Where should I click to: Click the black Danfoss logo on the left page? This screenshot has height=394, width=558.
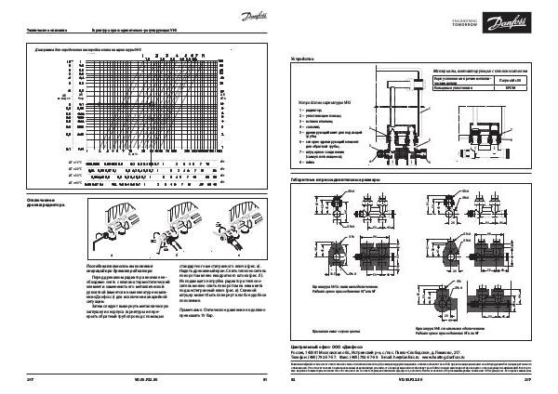pyautogui.click(x=247, y=16)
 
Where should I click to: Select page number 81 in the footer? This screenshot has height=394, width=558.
pyautogui.click(x=265, y=380)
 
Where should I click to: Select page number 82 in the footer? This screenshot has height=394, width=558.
pyautogui.click(x=294, y=380)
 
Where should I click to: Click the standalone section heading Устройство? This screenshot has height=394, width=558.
pyautogui.click(x=303, y=57)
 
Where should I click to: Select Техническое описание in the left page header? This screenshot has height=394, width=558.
pyautogui.click(x=35, y=31)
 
